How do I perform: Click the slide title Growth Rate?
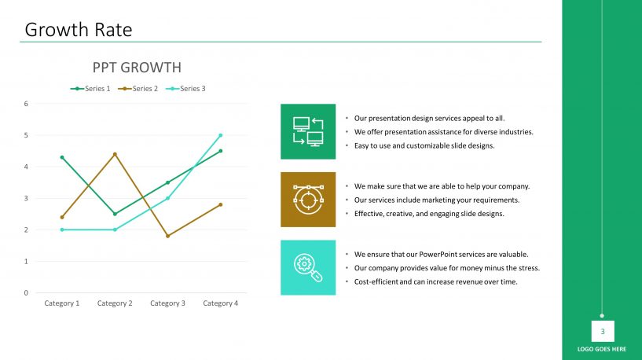pos(79,30)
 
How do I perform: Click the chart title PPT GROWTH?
pos(137,68)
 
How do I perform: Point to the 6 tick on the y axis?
pos(26,104)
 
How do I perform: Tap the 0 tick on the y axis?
pos(26,293)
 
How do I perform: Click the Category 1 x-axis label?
pos(62,303)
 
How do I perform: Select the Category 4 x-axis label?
pos(220,303)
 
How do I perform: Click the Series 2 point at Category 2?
pos(115,154)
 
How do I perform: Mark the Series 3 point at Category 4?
pos(221,135)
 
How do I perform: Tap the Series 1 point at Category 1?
pos(62,157)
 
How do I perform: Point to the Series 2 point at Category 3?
pos(167,236)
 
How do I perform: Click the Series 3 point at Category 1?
pos(62,230)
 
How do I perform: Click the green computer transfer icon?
pos(308,131)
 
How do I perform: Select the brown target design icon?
pos(308,200)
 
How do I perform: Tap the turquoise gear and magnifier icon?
pos(308,267)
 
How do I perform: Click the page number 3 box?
pos(603,331)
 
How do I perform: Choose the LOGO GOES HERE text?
pos(602,349)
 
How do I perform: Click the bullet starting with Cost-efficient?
pos(435,281)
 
